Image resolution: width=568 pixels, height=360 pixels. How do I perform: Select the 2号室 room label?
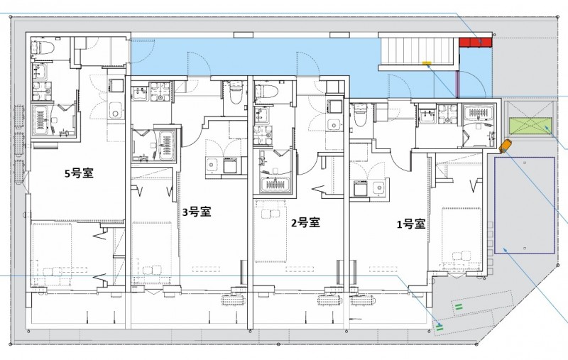(x=305, y=222)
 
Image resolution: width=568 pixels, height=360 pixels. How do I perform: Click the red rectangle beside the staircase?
(x=474, y=43)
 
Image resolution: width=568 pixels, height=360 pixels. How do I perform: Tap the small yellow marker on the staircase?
(x=427, y=62)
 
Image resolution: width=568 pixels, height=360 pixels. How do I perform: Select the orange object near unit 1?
(x=505, y=146)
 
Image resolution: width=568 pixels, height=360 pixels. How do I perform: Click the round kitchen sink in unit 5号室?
(x=115, y=109)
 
